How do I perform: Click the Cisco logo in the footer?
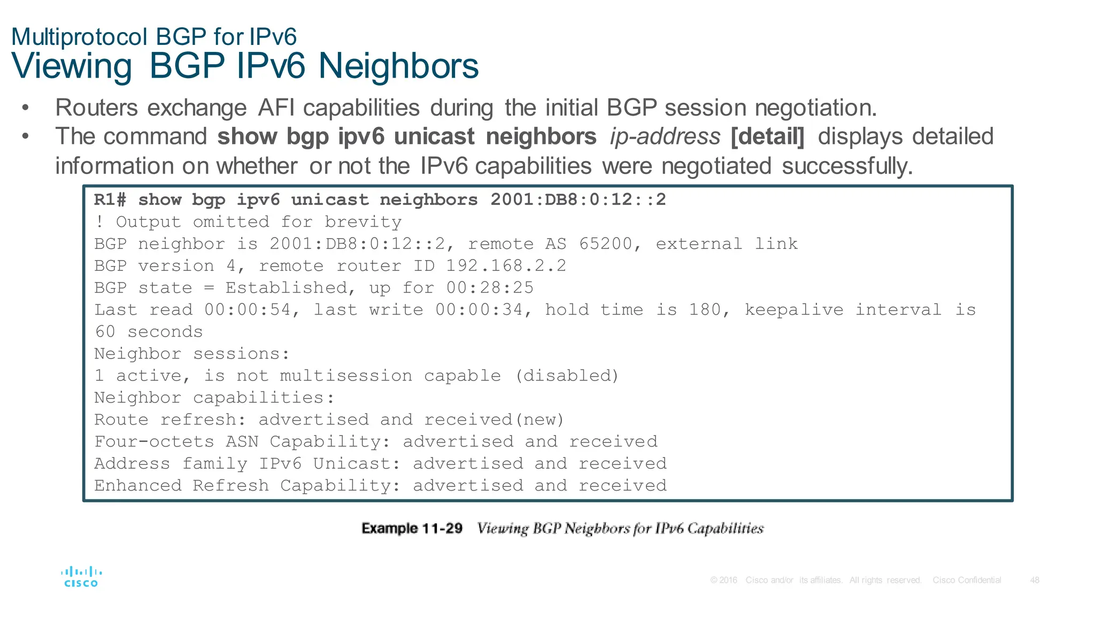tap(81, 577)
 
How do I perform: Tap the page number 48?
tap(1035, 580)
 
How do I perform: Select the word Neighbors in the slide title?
tap(398, 66)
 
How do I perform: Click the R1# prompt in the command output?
tap(110, 200)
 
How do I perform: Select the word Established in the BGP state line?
tap(286, 288)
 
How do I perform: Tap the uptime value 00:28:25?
tap(490, 288)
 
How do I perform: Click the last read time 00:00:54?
tap(247, 310)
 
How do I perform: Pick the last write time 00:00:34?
tap(479, 310)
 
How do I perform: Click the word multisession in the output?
tap(346, 376)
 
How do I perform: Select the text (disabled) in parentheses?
tap(567, 376)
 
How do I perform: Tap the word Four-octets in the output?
tap(154, 441)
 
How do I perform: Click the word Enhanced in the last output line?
tap(138, 485)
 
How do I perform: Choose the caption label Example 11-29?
tap(412, 529)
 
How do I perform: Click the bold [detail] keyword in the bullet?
tap(767, 136)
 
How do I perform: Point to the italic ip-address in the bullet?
tap(665, 136)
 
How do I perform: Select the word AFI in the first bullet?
tap(275, 108)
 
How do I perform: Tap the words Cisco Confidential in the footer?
tap(967, 580)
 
